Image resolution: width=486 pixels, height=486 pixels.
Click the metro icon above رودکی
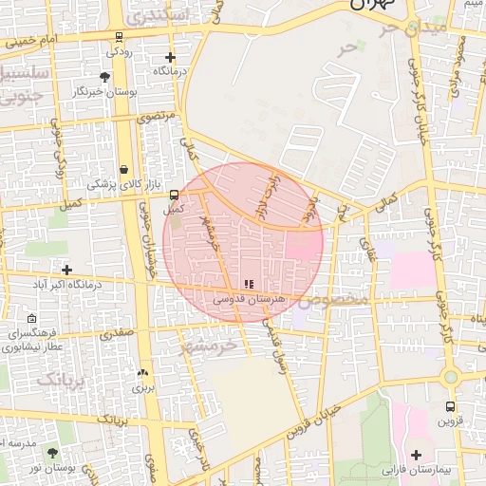tap(118, 38)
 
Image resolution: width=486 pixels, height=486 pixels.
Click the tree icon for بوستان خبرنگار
tap(104, 76)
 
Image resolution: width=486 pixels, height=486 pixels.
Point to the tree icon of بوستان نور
tap(52, 453)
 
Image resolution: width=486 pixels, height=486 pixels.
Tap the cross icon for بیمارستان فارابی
tap(416, 455)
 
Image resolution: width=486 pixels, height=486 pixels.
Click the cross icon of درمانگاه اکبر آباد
tap(66, 270)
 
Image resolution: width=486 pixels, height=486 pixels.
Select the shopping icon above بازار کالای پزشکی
tap(124, 169)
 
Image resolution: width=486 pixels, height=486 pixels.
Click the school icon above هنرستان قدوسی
tap(249, 284)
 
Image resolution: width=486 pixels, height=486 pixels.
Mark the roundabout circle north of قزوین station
tap(451, 377)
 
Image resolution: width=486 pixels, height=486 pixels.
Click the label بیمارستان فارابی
tap(419, 470)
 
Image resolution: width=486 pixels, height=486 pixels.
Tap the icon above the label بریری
tap(142, 373)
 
